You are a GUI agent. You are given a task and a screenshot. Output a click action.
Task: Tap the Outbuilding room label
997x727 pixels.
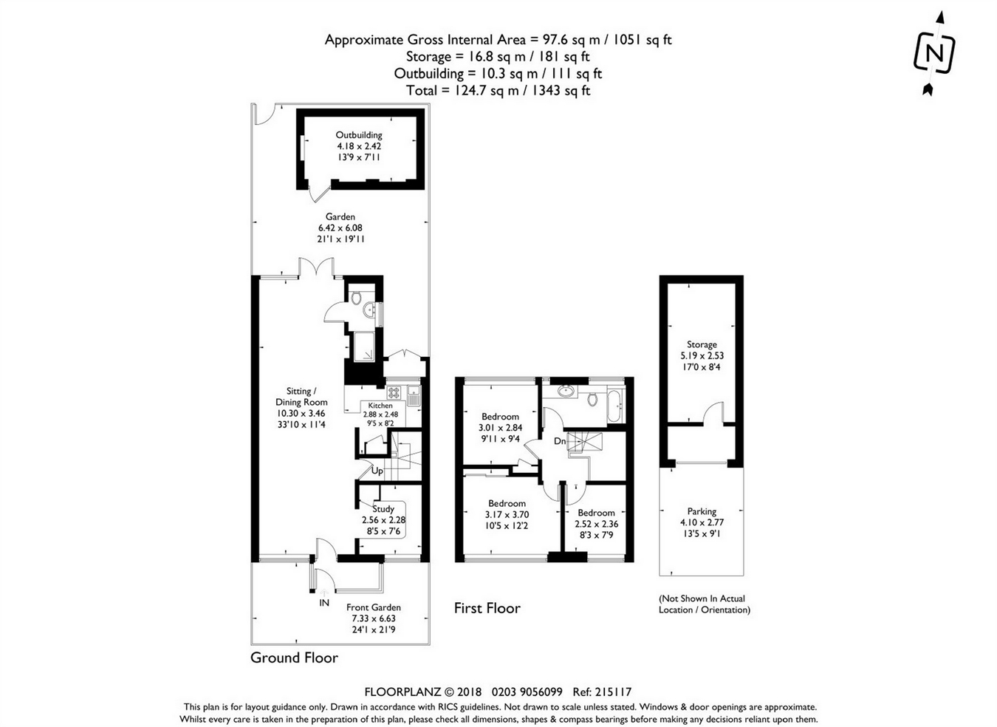coord(359,135)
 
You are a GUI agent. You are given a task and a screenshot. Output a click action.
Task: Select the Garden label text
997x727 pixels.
coord(340,216)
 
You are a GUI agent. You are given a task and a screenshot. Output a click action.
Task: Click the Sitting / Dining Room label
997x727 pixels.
coord(301,397)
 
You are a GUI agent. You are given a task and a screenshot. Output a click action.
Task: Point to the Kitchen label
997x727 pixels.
coord(380,406)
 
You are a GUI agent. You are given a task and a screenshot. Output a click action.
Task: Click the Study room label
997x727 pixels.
coord(383,509)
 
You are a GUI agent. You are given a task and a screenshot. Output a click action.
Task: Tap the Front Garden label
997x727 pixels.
coord(374,607)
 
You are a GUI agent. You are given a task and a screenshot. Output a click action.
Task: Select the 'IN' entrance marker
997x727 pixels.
coord(323,603)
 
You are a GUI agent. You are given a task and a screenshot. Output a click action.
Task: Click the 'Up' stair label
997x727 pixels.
coord(377,471)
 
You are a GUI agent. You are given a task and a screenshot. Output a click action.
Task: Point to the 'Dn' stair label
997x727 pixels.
coord(560,441)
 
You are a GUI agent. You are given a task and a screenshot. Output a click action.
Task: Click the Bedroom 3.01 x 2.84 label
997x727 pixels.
coord(500,417)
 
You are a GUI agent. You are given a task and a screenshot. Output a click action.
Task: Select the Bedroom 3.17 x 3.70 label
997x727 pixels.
coord(507,504)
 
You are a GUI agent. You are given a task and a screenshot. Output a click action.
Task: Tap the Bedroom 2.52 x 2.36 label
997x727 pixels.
coord(596,513)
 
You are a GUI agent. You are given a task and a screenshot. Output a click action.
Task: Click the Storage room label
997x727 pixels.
coord(702,344)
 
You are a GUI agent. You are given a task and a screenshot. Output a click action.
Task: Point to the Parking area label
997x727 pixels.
coord(702,511)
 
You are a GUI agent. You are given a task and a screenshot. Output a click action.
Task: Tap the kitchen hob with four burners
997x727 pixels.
coord(394,392)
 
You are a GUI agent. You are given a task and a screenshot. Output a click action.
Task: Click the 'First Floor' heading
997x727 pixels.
coord(487,608)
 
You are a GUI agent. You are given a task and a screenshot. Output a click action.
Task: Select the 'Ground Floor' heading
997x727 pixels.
coord(294,658)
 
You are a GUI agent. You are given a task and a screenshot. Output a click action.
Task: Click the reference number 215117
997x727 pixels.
coord(614,692)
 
